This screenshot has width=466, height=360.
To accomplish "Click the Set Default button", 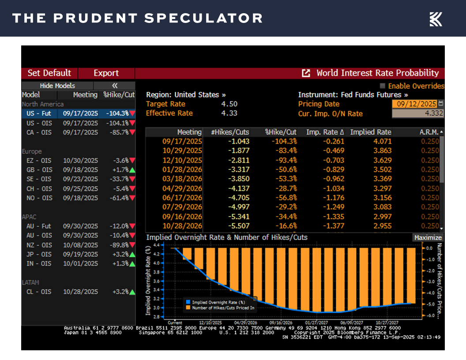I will point(49,73).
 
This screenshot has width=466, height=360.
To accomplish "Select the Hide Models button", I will point(57,86).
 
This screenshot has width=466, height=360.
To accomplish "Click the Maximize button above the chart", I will point(428,237).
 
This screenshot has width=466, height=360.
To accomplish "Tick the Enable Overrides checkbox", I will point(383,86).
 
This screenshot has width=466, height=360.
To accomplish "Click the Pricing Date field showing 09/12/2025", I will point(414,104).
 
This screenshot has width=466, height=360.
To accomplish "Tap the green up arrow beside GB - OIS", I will point(132,170).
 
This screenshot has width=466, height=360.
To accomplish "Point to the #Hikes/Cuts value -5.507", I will point(238,226).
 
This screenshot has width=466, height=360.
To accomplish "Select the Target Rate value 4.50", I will point(229,104).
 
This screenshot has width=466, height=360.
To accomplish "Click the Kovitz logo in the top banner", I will point(436,19).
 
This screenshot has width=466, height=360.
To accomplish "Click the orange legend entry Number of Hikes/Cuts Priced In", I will point(223,308).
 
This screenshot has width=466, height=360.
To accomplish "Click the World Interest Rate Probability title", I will point(377,73).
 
